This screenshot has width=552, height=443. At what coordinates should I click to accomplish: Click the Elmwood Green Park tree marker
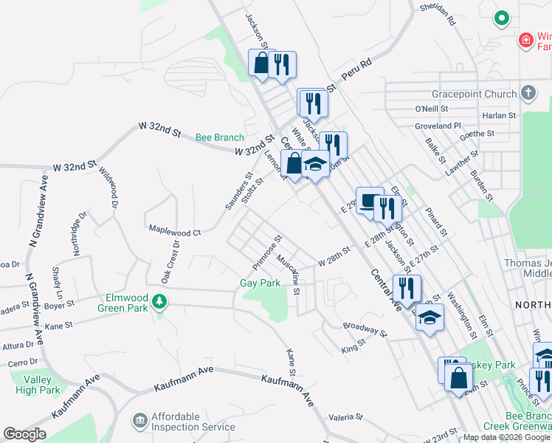(x=157, y=301)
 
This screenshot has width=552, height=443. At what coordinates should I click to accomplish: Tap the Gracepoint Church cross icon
(x=528, y=94)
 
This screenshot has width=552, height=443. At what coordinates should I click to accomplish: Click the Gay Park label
(x=261, y=283)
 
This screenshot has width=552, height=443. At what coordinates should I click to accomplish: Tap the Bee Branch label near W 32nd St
(x=219, y=137)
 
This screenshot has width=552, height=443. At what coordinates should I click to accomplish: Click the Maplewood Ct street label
(x=175, y=231)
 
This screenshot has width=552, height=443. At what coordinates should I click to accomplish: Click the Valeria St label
(x=346, y=416)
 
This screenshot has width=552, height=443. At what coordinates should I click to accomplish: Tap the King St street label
(x=354, y=347)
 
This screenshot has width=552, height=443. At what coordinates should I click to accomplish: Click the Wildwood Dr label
(x=109, y=188)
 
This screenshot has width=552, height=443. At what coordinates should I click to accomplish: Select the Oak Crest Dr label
(x=168, y=261)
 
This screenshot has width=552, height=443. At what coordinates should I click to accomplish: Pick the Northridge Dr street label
(x=78, y=233)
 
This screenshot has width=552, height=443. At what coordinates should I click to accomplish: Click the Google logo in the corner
(x=24, y=435)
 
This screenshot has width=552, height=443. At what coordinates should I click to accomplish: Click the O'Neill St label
(x=432, y=109)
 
